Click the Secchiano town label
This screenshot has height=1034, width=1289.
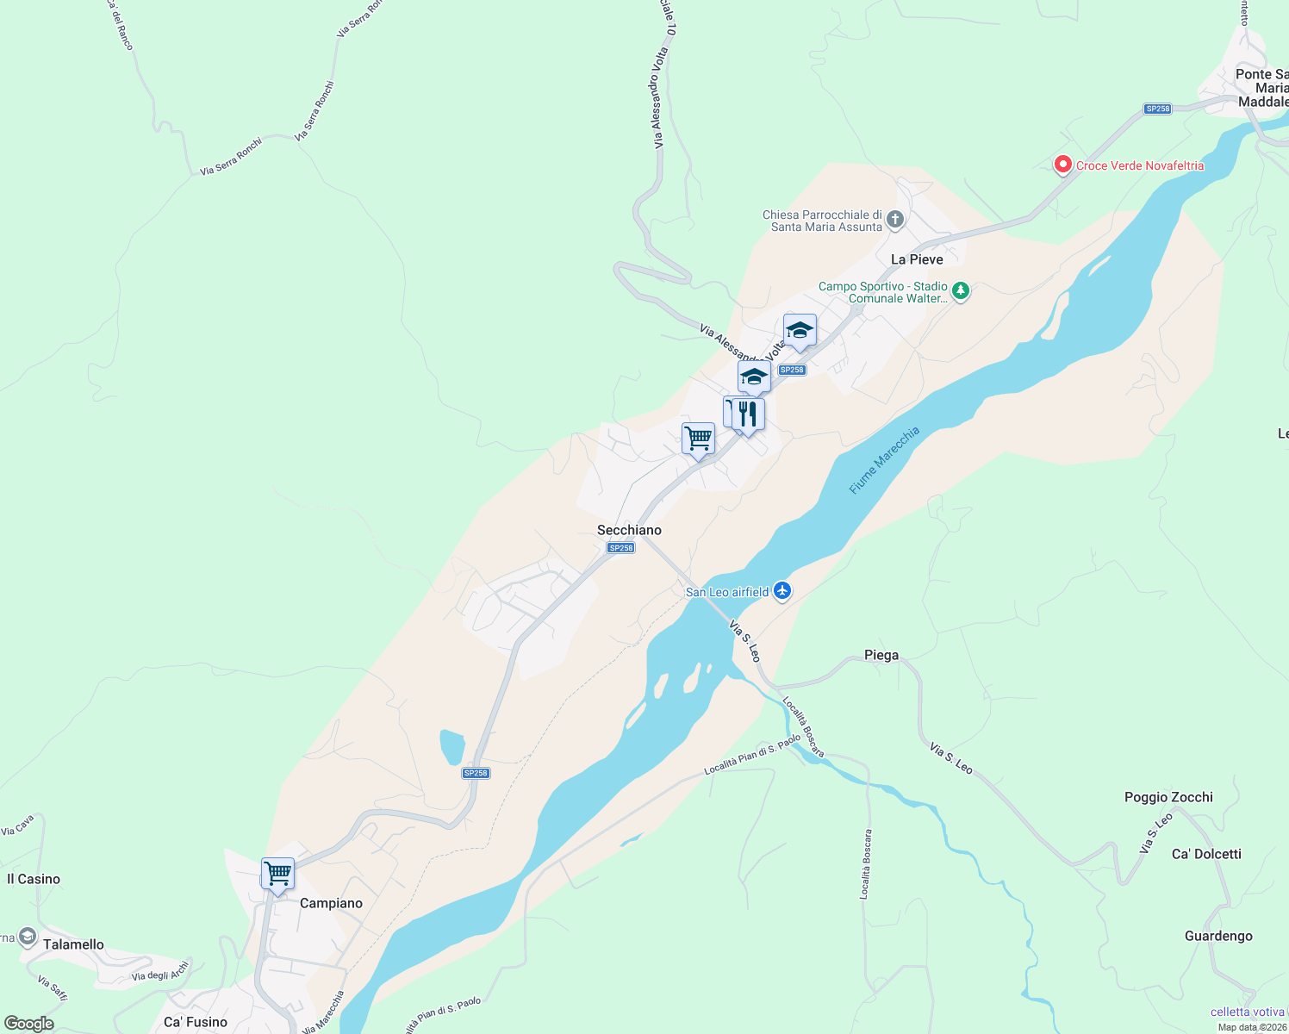point(629,530)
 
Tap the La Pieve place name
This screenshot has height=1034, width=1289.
point(916,259)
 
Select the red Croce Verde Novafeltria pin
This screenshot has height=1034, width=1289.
point(1062,165)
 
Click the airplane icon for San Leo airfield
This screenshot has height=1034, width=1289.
point(782,591)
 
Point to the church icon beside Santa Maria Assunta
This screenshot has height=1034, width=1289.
point(895,220)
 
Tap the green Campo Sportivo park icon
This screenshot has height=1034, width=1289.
point(961,291)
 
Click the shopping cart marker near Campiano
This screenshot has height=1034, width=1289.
point(277,874)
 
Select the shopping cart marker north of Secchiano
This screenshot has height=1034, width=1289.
point(698,439)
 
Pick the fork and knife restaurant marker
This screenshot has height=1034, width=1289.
point(748,414)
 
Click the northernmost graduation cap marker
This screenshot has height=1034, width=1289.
point(800,330)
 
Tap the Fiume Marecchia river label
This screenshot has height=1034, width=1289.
point(884,460)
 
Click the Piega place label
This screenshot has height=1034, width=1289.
point(881,655)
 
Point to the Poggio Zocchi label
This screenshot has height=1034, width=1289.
point(1168,797)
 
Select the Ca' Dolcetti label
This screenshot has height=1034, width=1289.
point(1206,854)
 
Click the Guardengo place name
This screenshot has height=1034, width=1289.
point(1217,936)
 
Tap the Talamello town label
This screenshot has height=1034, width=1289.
point(73,944)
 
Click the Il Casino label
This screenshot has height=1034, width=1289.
point(34,879)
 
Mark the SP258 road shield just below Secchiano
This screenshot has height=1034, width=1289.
point(620,548)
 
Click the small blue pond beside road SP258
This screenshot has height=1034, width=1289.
point(451,747)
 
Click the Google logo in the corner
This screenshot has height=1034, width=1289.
point(28,1024)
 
